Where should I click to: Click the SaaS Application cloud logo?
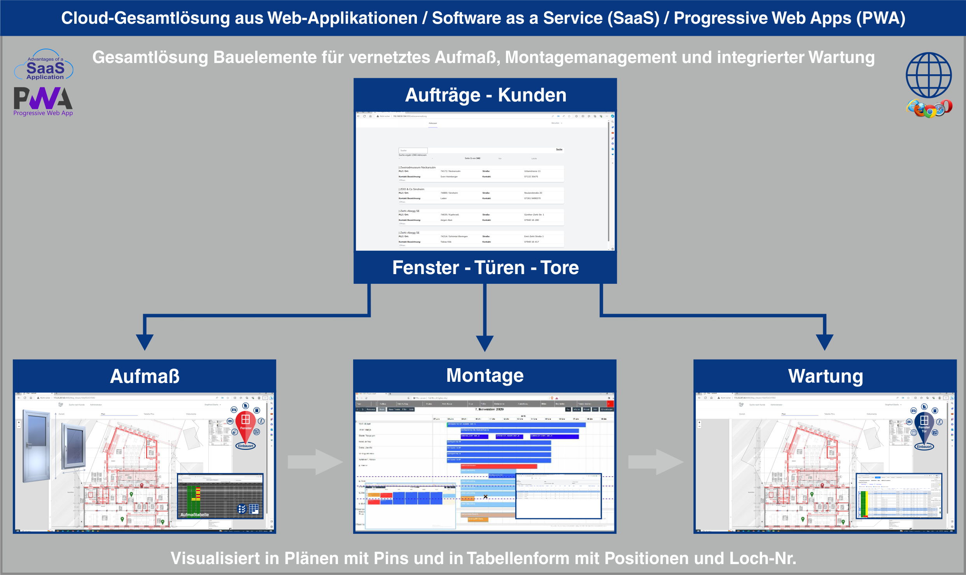click(44, 65)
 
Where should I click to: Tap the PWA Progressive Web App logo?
click(43, 101)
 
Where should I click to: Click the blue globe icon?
click(928, 75)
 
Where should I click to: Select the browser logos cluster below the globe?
click(929, 108)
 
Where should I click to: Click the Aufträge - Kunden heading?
click(485, 95)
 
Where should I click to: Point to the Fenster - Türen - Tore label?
click(485, 268)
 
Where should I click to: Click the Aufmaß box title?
click(145, 376)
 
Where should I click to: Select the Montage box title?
click(485, 376)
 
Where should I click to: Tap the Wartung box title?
click(825, 376)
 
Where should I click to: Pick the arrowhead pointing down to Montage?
click(485, 343)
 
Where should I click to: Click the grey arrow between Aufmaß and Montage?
click(315, 462)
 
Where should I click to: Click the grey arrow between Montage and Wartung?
click(656, 462)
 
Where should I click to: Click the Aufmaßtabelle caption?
click(194, 515)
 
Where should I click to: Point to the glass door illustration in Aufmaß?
click(37, 446)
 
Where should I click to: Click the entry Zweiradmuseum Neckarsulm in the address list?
click(418, 168)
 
